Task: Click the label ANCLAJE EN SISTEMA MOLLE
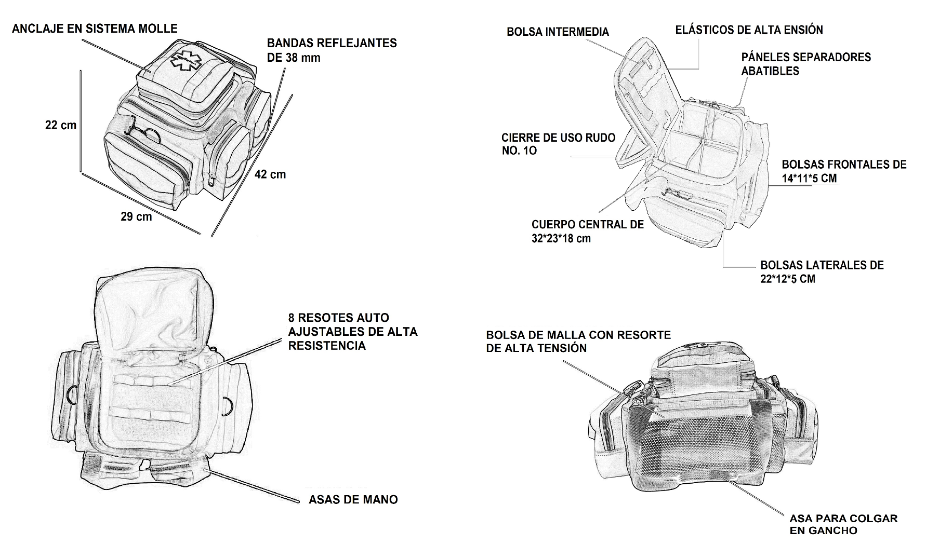[95, 28]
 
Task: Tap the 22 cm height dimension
[61, 125]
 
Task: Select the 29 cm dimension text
[136, 216]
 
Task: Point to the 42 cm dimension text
[270, 174]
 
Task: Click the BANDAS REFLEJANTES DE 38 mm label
[332, 50]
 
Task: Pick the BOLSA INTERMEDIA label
[558, 32]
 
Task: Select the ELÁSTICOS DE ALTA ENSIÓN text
[749, 30]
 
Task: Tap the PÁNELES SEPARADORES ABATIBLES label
[806, 64]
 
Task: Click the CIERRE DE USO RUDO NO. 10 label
[558, 144]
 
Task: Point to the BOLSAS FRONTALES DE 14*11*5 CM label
[844, 171]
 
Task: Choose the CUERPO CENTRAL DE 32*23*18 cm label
[587, 231]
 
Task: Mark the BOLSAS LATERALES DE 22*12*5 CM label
[822, 272]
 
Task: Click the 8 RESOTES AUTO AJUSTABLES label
[352, 331]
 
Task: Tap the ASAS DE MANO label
[353, 500]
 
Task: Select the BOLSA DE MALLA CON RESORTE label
[578, 342]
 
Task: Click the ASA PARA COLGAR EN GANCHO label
[843, 524]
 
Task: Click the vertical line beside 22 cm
[81, 120]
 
